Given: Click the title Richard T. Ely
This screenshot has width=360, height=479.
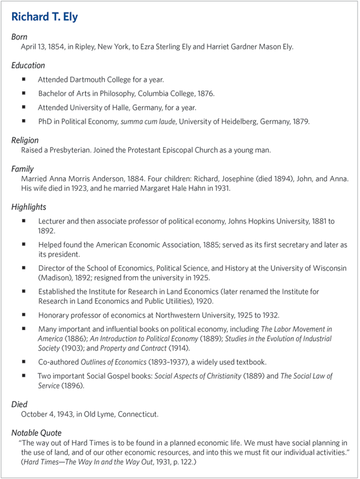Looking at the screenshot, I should point(44,16).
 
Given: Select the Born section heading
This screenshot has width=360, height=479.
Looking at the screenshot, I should point(19,37).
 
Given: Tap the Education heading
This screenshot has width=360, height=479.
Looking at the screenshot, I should point(28,65).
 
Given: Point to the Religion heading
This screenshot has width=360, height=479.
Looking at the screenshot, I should point(25,140).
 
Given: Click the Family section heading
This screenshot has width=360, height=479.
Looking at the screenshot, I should point(23,169).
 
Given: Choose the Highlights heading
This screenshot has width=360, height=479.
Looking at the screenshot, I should point(29,207).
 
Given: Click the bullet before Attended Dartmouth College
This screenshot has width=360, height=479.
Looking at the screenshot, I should point(24,79).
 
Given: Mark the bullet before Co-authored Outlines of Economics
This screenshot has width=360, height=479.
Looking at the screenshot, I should point(24,361).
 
